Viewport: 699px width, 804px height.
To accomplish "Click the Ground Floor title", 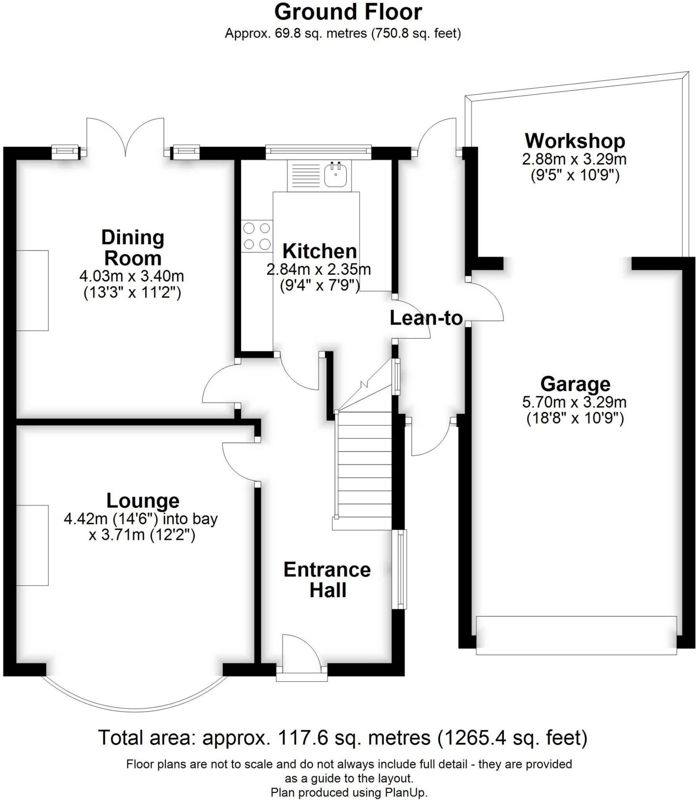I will [x=348, y=12].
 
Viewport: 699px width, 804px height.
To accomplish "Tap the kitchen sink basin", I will [x=335, y=175].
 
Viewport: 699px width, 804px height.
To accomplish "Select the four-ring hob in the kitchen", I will [x=257, y=236].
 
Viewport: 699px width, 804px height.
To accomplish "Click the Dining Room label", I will [x=133, y=248].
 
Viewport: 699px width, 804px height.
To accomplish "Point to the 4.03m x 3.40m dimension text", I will [x=132, y=276].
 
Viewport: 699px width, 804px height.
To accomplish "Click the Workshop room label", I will [x=575, y=141].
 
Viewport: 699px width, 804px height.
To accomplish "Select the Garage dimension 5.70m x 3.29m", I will [x=574, y=402].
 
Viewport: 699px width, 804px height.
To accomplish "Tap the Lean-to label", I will [x=426, y=318].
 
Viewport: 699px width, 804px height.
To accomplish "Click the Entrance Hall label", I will [x=327, y=580].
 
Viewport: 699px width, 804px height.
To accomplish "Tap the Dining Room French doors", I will [x=125, y=135].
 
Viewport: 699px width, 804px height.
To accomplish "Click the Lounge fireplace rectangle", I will [x=32, y=545].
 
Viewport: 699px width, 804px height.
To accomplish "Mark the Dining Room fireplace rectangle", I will [x=32, y=291].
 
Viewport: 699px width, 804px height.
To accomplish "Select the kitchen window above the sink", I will [x=318, y=152].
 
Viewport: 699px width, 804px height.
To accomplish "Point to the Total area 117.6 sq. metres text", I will [x=342, y=738].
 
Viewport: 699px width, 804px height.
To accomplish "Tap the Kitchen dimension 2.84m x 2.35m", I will [x=318, y=269].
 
